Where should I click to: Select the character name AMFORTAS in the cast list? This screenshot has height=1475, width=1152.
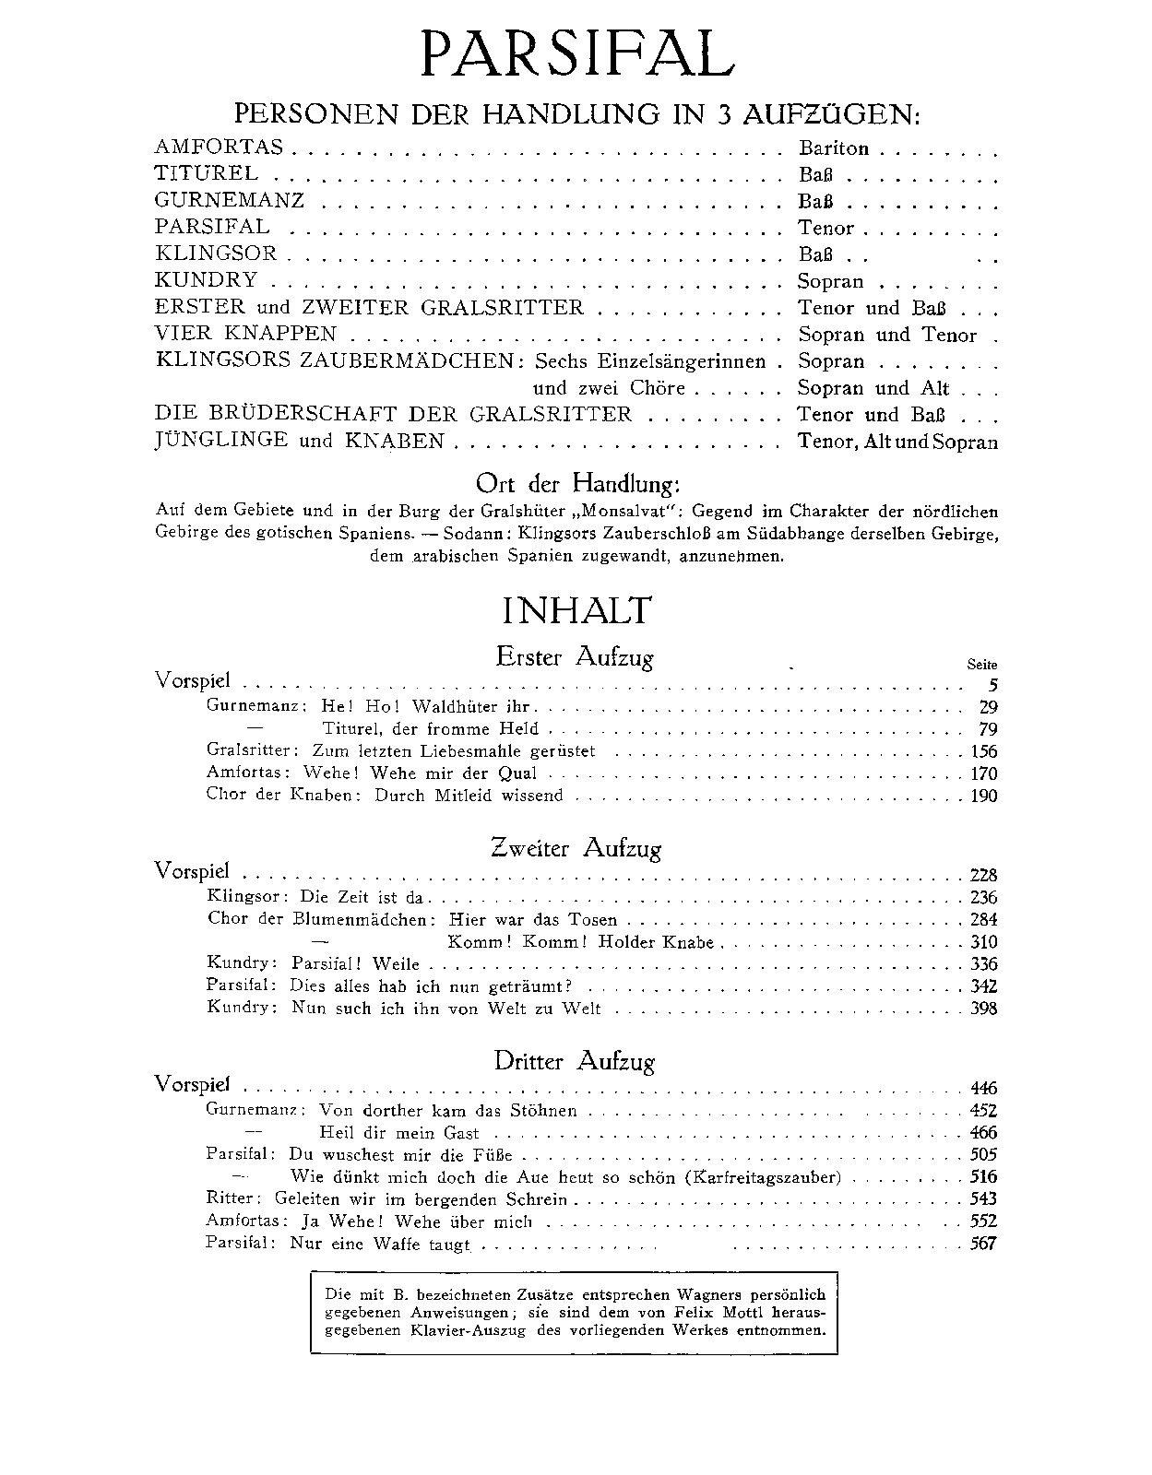point(220,147)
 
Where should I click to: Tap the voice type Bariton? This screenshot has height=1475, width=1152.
point(834,147)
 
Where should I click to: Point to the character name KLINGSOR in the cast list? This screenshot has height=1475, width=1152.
point(216,254)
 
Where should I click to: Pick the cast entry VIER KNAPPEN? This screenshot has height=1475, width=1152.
point(246,334)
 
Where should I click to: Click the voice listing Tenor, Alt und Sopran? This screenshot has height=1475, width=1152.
point(897,442)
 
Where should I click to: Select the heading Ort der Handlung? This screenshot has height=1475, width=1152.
point(577,483)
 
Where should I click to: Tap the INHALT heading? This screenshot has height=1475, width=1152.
point(576,611)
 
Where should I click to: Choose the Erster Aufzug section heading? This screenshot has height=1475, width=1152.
point(575,658)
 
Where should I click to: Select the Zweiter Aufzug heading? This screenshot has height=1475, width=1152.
point(576,849)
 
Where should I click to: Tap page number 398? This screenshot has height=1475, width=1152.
point(983,1009)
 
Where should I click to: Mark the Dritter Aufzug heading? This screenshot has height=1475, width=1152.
point(575,1062)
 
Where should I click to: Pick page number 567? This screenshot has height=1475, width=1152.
point(983,1244)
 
